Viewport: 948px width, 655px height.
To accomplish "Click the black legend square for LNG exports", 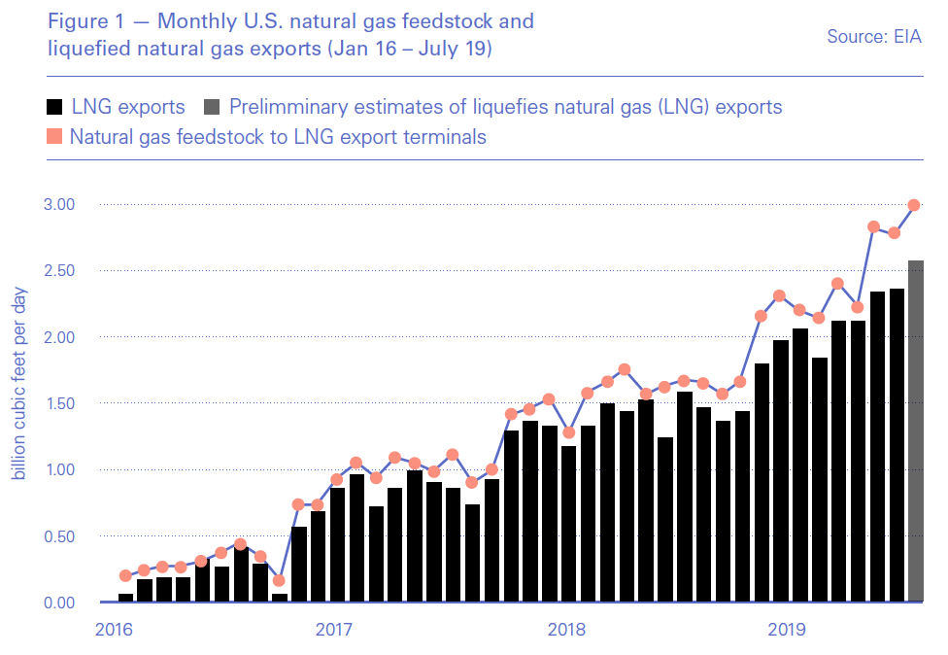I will tap(55, 107).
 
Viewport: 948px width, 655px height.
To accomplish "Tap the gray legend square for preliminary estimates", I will tap(212, 107).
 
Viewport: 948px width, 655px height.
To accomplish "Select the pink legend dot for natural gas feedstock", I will tap(55, 137).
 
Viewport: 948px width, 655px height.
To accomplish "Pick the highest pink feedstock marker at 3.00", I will tap(914, 205).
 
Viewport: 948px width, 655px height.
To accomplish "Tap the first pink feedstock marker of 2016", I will tap(125, 575).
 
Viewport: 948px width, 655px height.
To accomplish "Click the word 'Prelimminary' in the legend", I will tap(288, 107).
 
